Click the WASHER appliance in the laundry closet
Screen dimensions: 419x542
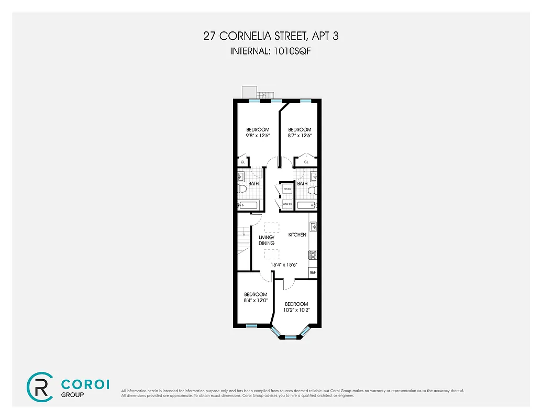pos(287,203)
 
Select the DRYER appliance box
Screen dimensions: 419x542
pos(287,189)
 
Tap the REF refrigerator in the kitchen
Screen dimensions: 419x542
pos(313,272)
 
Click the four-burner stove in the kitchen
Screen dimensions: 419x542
pos(313,255)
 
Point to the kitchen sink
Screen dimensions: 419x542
pos(313,227)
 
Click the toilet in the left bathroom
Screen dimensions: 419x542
pos(241,189)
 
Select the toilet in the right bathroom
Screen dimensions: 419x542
pos(312,190)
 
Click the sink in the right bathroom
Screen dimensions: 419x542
pos(313,176)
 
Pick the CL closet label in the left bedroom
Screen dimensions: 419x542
pos(242,162)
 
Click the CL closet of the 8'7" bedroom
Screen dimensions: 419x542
pos(306,162)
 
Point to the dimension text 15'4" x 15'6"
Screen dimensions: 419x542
pos(284,264)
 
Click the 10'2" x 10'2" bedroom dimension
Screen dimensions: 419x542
pos(296,310)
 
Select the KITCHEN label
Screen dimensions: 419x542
pos(297,235)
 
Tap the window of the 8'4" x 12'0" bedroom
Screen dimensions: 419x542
pos(251,326)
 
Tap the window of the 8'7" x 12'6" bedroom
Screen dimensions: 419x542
pos(305,100)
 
